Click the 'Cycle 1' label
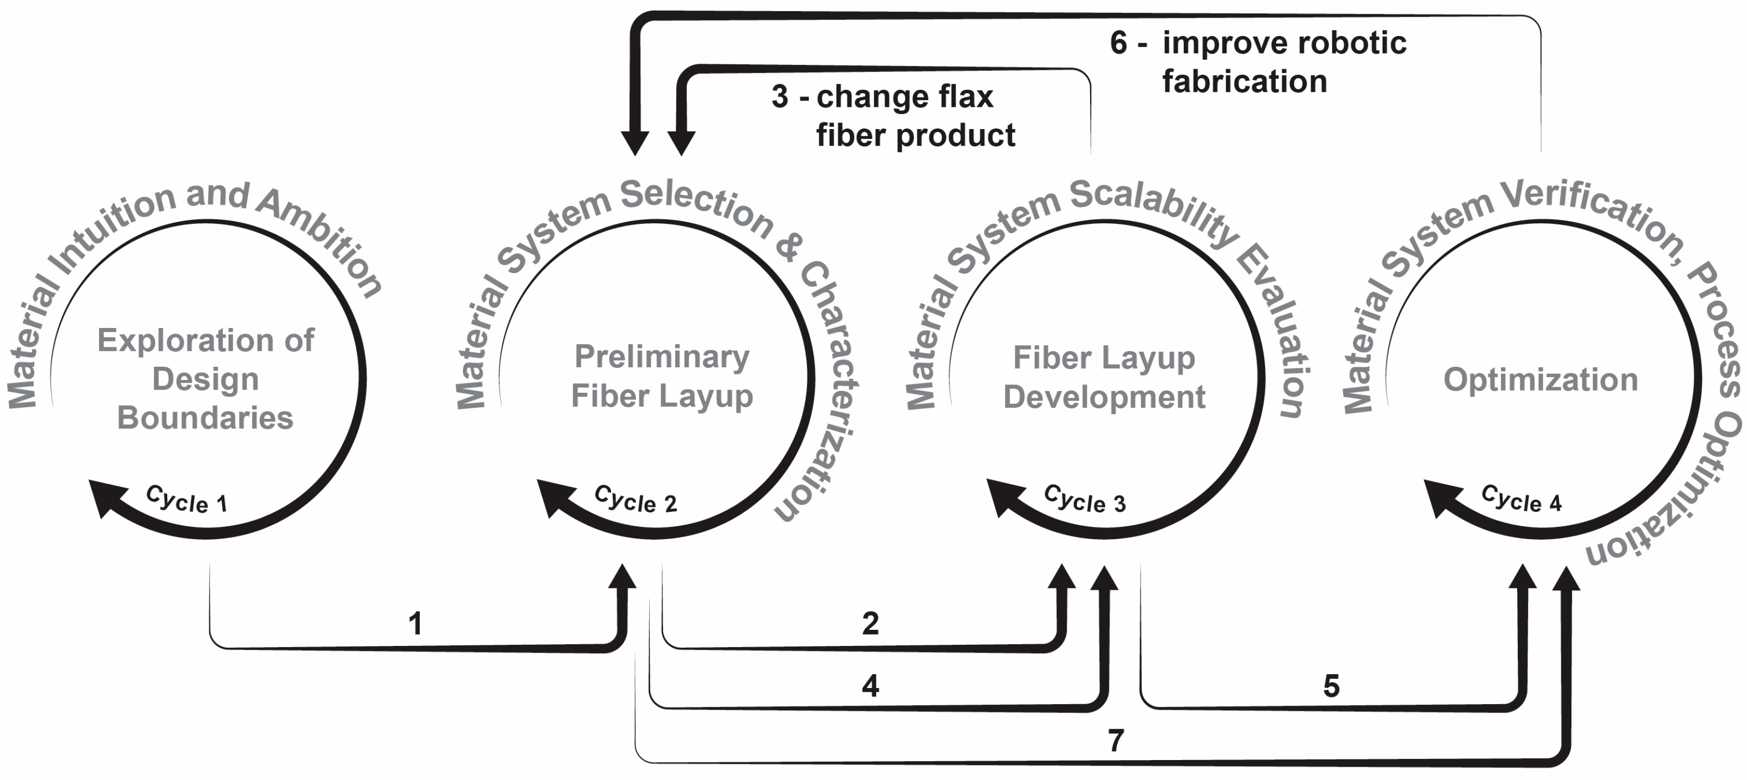click(x=187, y=499)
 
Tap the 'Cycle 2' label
click(x=635, y=499)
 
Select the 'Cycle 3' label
click(x=1085, y=499)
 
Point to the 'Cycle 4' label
click(x=1521, y=499)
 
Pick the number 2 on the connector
click(x=870, y=623)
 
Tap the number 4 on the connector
click(x=870, y=686)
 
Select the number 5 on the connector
click(x=1331, y=686)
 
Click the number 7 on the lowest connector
click(x=1116, y=740)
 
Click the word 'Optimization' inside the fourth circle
click(x=1540, y=379)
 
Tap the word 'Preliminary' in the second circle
click(x=662, y=356)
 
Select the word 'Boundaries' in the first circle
click(x=205, y=418)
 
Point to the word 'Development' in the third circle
click(x=1104, y=397)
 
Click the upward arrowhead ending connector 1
click(x=622, y=577)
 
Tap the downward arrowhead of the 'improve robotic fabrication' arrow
click(x=635, y=142)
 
